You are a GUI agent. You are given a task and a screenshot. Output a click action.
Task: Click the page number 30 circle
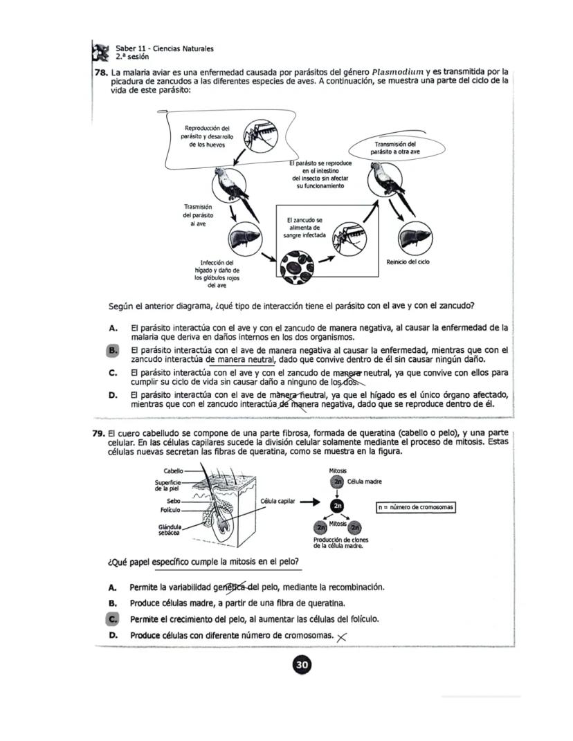tap(302, 665)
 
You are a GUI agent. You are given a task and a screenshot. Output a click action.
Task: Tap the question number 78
tap(101, 71)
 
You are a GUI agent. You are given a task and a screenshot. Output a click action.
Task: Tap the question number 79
tap(99, 432)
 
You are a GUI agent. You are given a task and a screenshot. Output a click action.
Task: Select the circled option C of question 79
tap(113, 619)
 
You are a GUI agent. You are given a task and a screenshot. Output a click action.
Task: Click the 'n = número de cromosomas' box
tap(415, 507)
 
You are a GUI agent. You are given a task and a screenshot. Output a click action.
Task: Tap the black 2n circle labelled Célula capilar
tap(337, 506)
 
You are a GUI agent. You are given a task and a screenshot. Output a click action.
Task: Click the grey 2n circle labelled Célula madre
tap(338, 482)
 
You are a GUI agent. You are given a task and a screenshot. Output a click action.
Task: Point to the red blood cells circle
tap(296, 264)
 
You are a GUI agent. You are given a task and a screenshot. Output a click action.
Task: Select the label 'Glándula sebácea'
tap(170, 530)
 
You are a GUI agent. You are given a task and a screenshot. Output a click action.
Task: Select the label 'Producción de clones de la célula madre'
tap(340, 542)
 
